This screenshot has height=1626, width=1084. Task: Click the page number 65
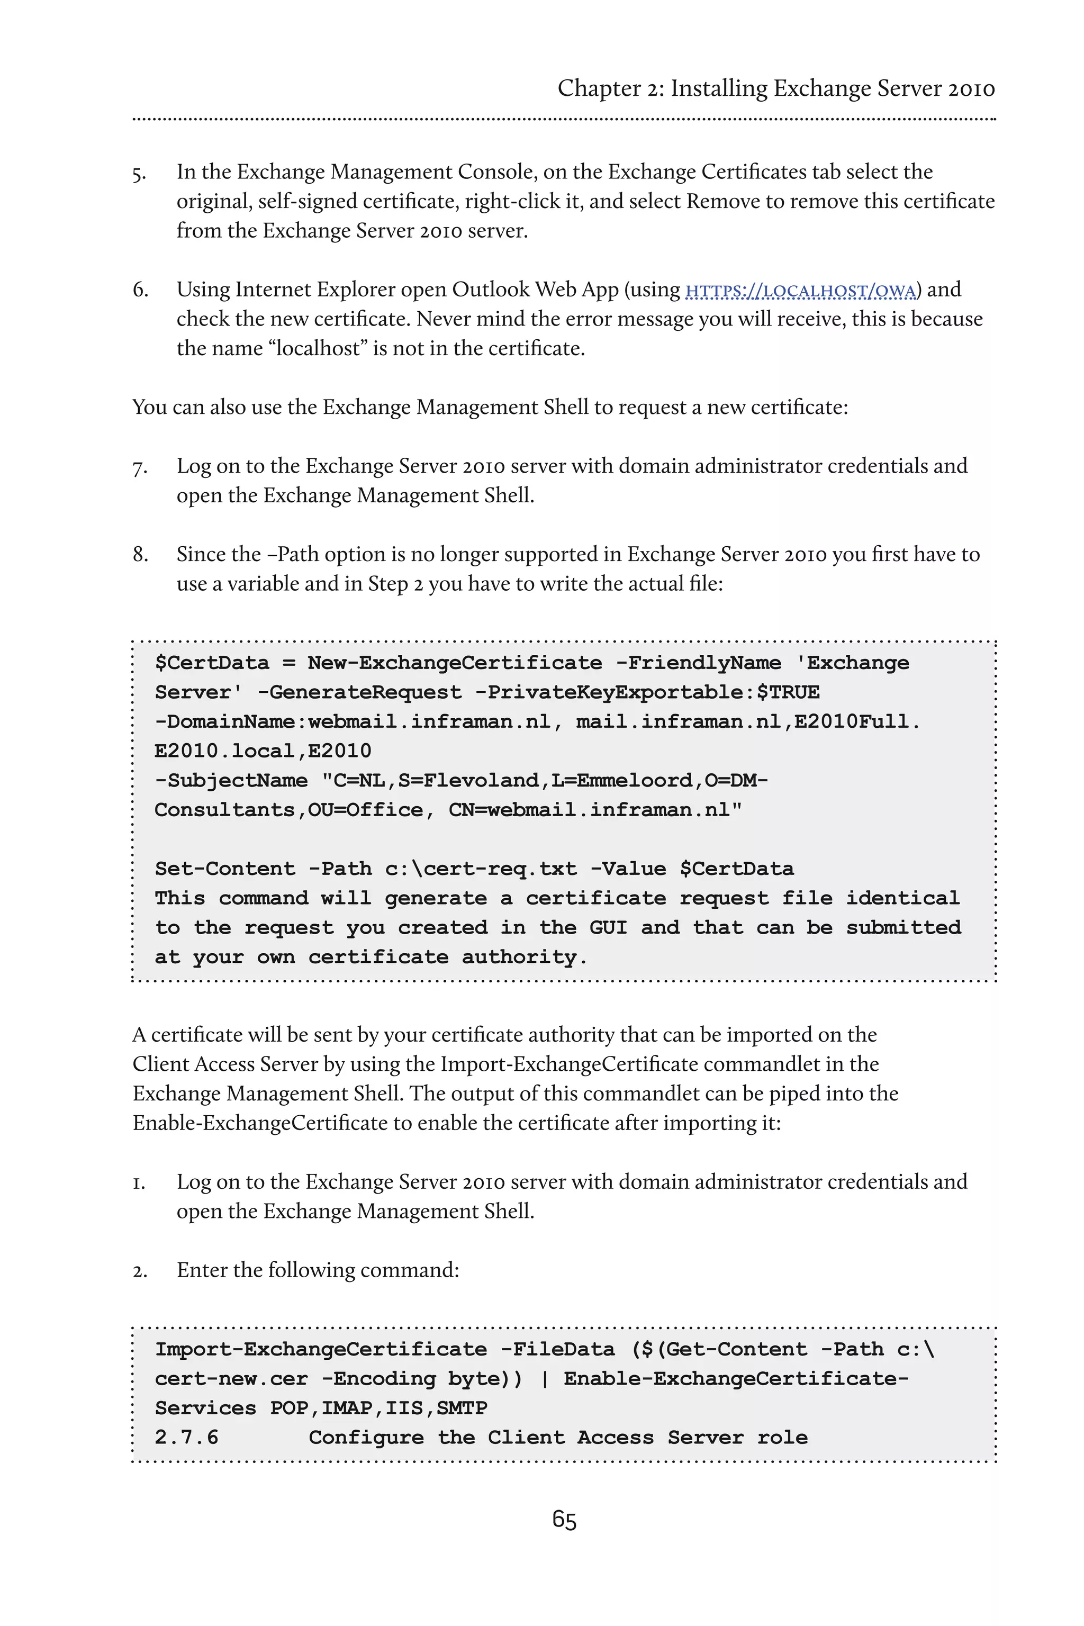pos(564,1520)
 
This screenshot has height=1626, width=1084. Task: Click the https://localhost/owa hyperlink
pos(800,291)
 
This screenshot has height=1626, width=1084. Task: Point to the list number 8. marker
pos(140,555)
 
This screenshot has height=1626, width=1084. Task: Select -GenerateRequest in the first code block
pos(359,692)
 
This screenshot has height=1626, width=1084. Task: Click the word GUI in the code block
pos(608,927)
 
